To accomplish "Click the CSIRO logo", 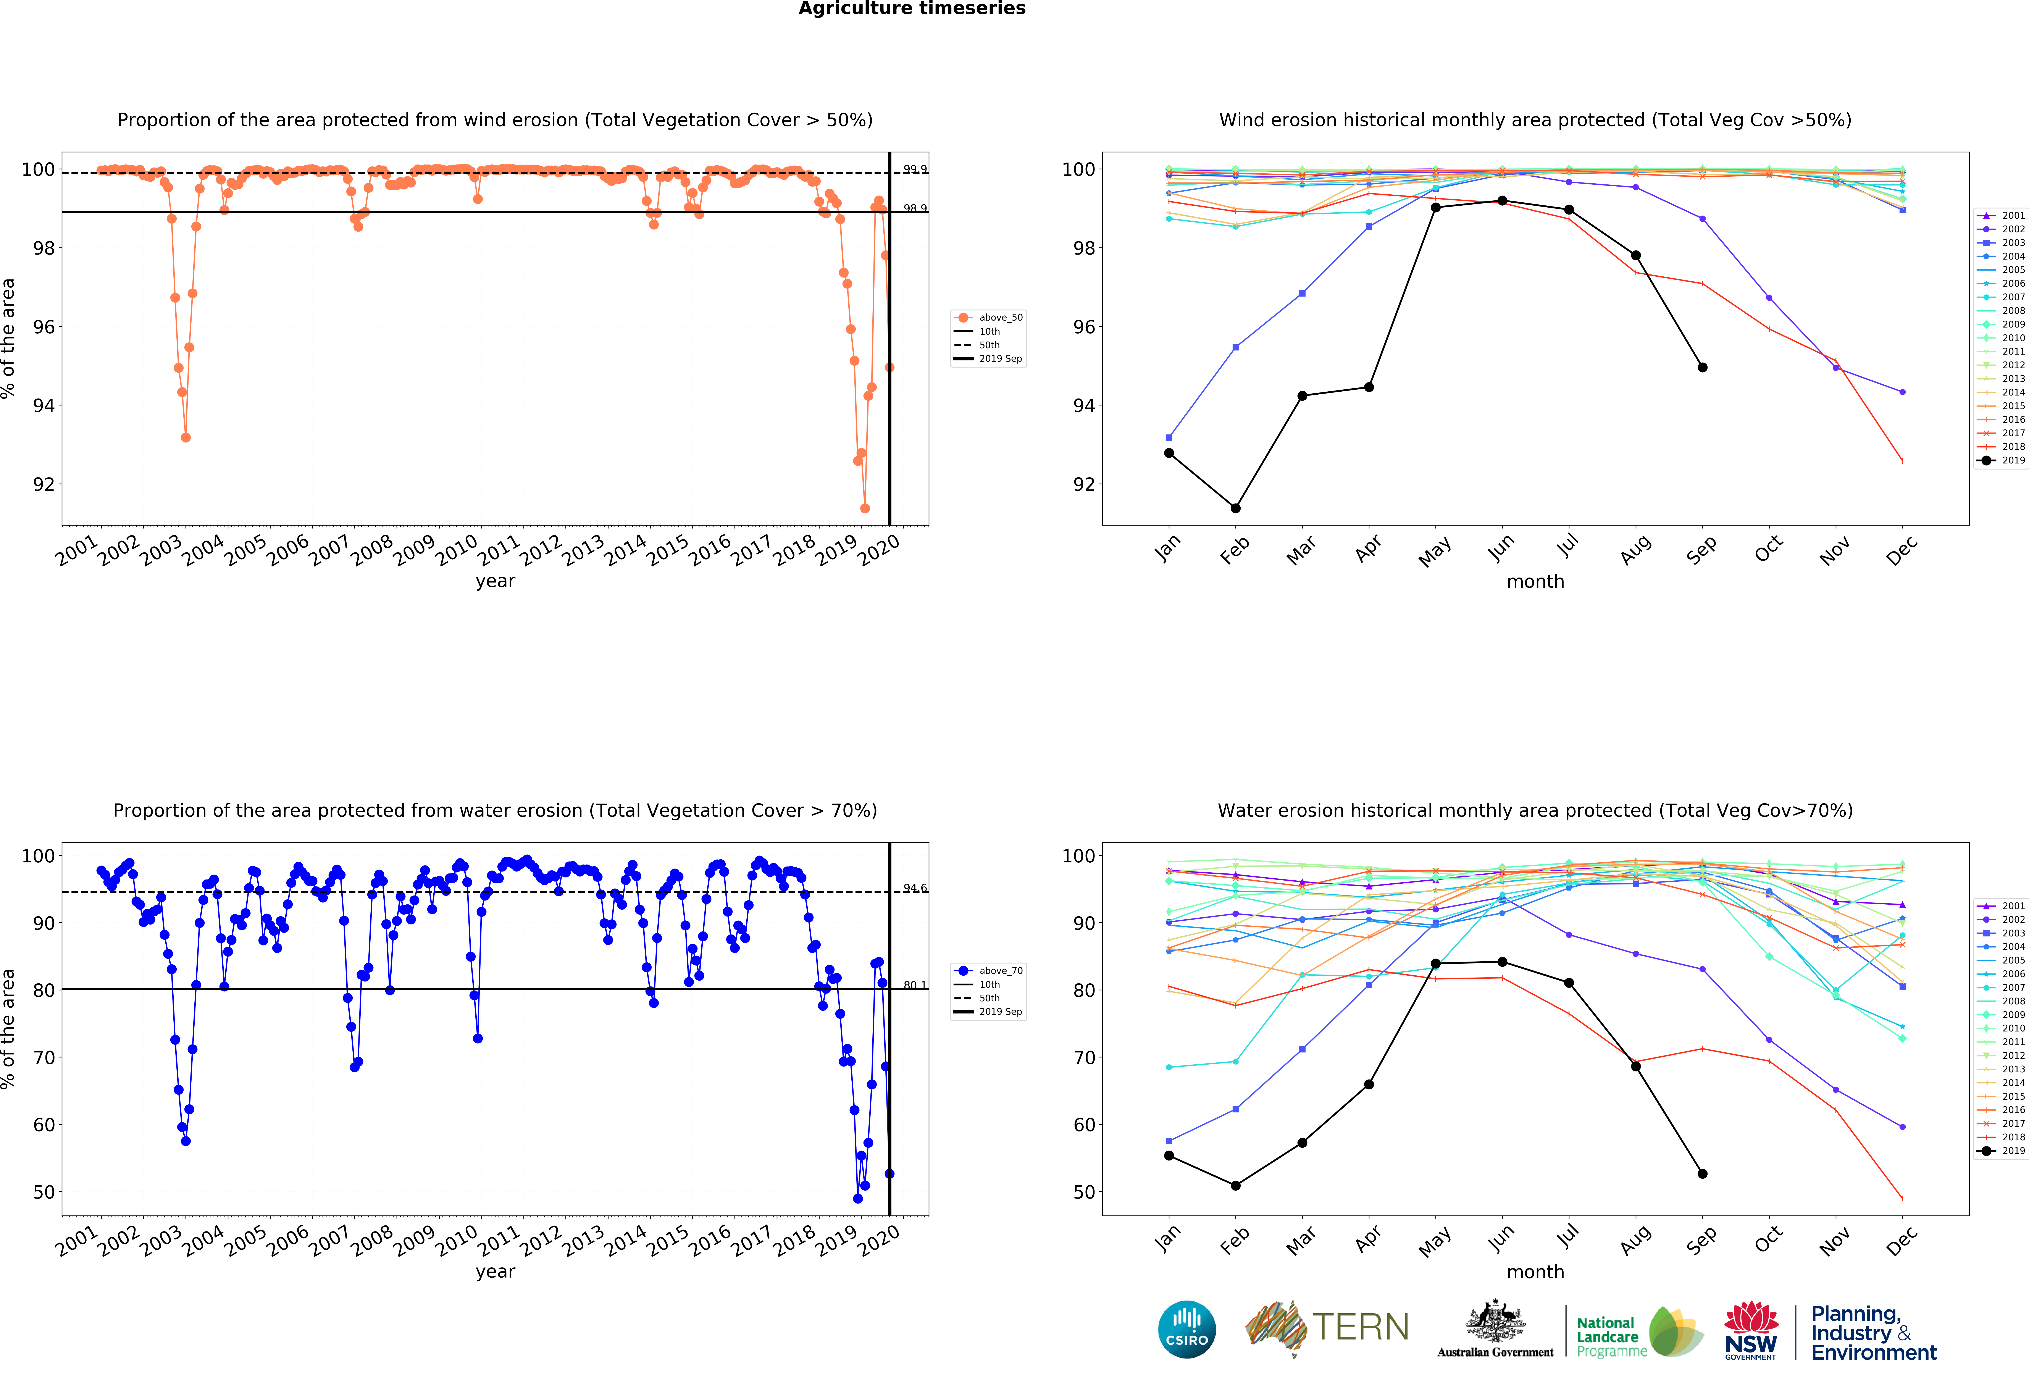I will [1186, 1330].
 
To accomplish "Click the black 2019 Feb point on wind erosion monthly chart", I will [1235, 508].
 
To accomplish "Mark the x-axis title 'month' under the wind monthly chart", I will [1535, 581].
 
